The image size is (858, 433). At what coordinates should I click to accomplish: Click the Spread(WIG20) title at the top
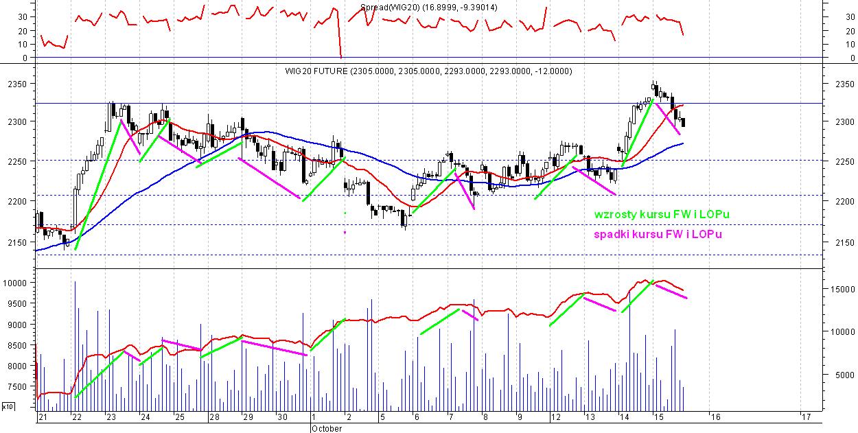pos(429,7)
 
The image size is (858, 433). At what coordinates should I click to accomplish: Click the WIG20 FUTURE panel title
pos(428,71)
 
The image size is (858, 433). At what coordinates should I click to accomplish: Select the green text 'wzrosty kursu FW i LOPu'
pos(662,215)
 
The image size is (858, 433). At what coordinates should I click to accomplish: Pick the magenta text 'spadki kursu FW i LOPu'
pos(658,235)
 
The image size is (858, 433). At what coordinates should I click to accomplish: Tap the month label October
pos(326,428)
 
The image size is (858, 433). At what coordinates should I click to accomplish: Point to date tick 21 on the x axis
pos(43,417)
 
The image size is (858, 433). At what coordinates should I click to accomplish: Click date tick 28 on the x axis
pos(214,417)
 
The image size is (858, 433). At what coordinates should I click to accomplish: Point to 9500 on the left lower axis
pos(16,304)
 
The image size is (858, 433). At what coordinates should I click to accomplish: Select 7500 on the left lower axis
pos(16,387)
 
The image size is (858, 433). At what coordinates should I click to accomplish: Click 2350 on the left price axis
pos(16,84)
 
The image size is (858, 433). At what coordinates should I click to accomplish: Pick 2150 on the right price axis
pos(846,242)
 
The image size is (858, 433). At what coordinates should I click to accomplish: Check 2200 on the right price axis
pos(846,201)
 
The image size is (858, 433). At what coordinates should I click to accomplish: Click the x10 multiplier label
pos(8,407)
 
